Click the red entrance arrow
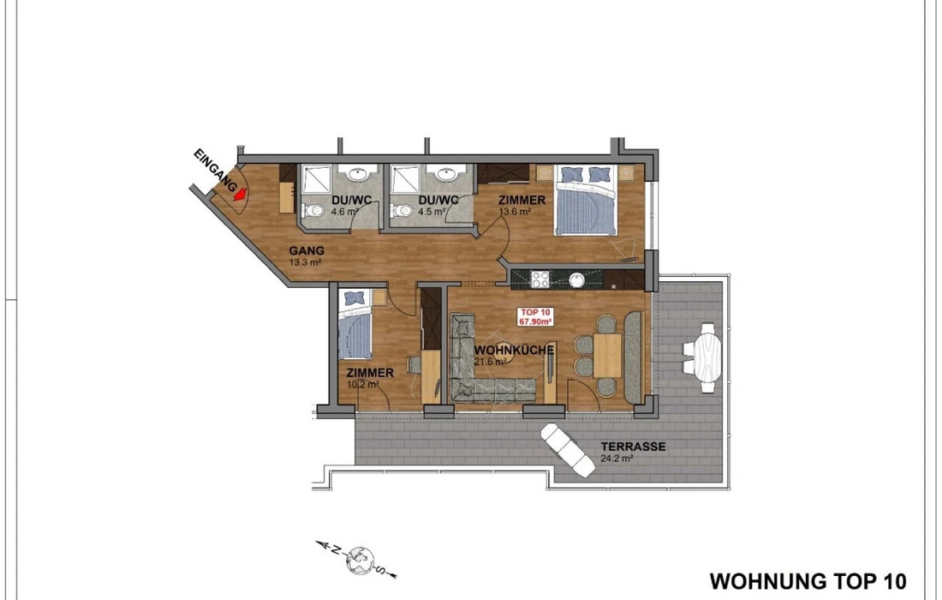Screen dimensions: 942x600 [x=240, y=195]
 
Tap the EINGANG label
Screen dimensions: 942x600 [x=216, y=171]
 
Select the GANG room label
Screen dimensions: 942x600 [x=307, y=250]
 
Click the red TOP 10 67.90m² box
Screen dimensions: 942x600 [x=535, y=317]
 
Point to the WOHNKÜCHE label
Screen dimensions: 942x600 [x=514, y=350]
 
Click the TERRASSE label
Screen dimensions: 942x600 [x=633, y=447]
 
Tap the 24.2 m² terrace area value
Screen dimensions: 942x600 [x=617, y=459]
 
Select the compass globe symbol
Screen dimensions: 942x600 [x=360, y=561]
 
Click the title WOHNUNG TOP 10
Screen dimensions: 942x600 [x=808, y=581]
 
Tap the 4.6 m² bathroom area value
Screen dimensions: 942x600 [x=345, y=212]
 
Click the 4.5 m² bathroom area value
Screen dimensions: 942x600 [x=432, y=212]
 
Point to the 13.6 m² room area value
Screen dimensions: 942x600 [x=515, y=212]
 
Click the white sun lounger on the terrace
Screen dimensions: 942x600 [x=568, y=450]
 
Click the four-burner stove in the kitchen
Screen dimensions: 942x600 [x=540, y=279]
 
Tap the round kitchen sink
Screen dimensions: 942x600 [x=576, y=279]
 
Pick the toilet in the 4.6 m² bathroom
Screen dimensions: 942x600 [x=313, y=211]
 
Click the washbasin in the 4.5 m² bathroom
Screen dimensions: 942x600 [x=446, y=174]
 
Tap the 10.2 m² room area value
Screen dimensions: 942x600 [x=363, y=385]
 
